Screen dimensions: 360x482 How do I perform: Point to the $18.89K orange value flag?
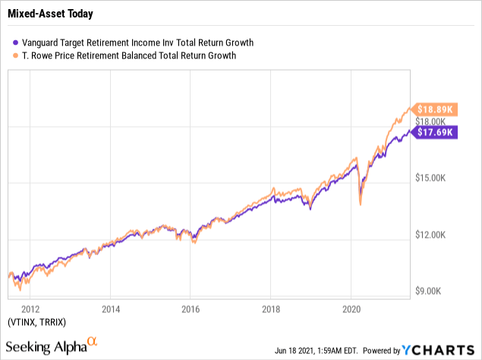[x=436, y=109]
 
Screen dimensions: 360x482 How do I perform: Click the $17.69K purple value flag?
[x=436, y=132]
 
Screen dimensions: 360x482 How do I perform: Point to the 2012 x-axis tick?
[x=30, y=309]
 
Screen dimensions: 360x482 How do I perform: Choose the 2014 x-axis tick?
[x=110, y=309]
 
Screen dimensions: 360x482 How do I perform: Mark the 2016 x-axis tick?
[x=191, y=309]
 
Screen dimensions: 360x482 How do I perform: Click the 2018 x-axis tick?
[x=271, y=309]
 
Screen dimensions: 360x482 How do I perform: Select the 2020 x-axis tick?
[x=351, y=309]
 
